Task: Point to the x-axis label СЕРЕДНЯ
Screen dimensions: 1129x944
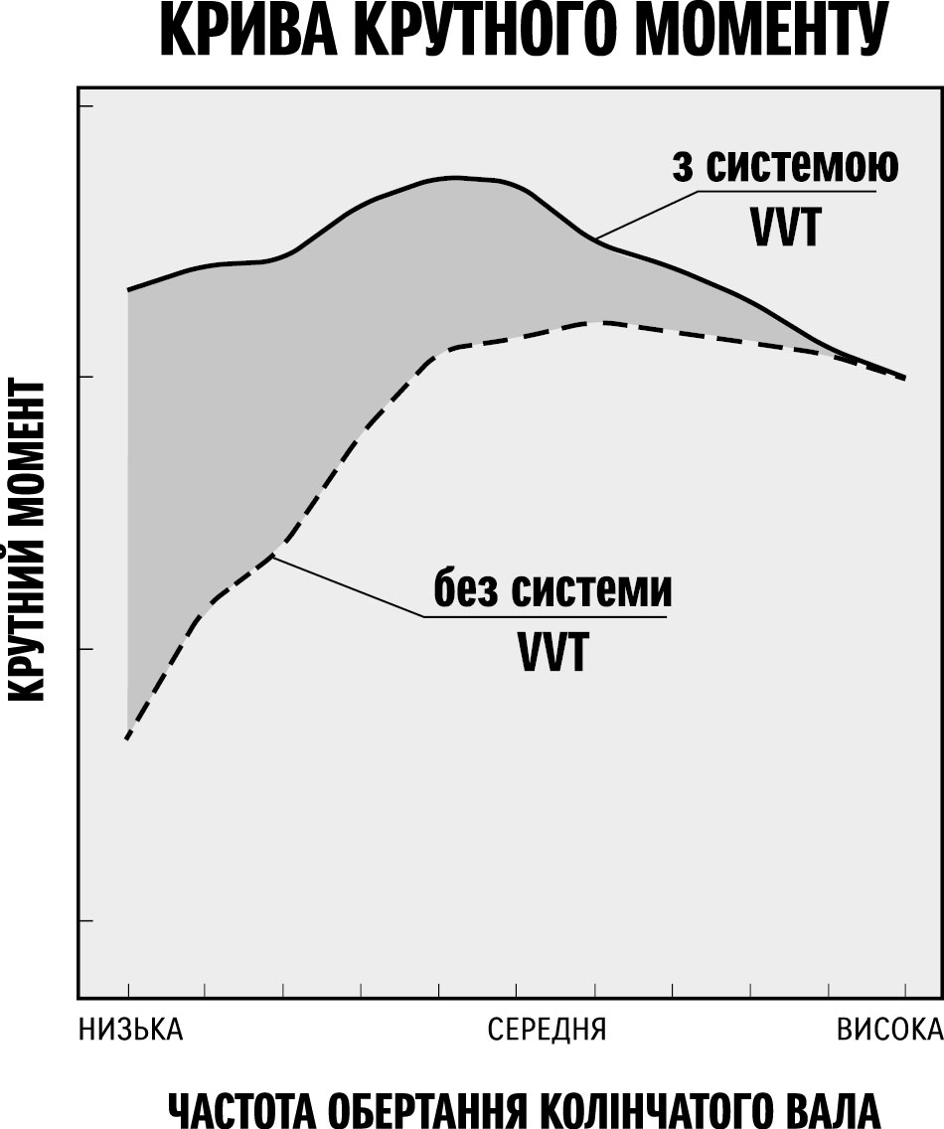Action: [547, 1030]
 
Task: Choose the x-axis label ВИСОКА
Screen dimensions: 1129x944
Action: [888, 1030]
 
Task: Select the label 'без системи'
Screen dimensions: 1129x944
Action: [551, 590]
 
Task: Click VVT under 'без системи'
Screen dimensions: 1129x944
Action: [551, 654]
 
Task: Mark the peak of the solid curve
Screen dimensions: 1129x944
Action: [455, 178]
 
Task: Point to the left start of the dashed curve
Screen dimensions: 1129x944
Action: [128, 738]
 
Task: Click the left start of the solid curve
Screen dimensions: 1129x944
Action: [128, 290]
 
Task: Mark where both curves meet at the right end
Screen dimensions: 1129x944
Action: [904, 378]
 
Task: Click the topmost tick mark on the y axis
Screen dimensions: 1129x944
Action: [85, 105]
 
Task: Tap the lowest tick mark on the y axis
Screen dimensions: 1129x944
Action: [85, 920]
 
